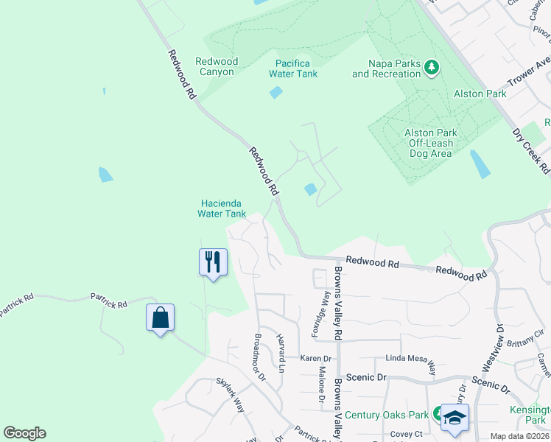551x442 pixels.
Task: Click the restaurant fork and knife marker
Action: (x=213, y=262)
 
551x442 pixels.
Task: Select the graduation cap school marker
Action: (x=456, y=418)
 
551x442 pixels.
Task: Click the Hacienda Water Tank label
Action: (x=222, y=208)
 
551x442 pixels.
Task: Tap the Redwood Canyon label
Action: (x=215, y=66)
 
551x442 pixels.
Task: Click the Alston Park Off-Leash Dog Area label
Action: (x=430, y=143)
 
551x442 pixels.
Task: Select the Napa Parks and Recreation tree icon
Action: (x=432, y=69)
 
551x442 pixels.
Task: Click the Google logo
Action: (x=24, y=433)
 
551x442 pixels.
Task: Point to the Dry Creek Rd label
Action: (x=532, y=152)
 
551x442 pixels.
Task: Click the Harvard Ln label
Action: (x=281, y=351)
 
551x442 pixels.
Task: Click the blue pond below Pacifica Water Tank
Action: (x=276, y=92)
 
